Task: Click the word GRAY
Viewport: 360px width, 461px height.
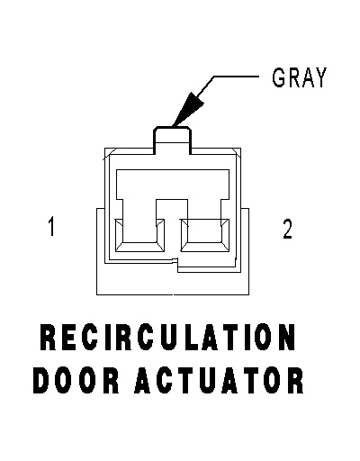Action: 299,77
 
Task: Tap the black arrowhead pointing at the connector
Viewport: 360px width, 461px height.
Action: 187,110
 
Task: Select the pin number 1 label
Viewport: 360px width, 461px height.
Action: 51,226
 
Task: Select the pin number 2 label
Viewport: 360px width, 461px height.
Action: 287,229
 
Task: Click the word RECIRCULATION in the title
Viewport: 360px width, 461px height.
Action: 167,337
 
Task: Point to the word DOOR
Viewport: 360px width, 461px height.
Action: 76,380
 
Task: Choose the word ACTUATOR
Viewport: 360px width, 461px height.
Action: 219,380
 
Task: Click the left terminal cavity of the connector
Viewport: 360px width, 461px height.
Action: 139,235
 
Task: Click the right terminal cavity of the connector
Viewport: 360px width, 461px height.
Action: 204,235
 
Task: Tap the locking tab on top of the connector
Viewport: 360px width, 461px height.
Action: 173,140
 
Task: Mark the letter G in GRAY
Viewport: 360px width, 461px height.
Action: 278,77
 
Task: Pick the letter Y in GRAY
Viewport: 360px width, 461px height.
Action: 319,77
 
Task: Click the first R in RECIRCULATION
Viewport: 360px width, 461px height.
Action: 48,337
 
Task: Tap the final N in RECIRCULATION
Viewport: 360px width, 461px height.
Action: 286,337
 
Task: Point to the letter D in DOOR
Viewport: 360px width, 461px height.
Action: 41,380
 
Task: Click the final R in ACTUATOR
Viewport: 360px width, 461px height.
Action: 295,380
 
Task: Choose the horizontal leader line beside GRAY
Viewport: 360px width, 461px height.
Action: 236,77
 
